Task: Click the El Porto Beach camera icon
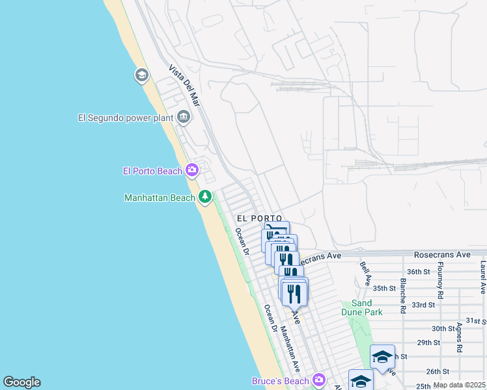pos(191,170)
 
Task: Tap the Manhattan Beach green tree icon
pos(205,196)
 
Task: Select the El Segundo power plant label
pos(124,118)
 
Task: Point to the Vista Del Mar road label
pos(184,85)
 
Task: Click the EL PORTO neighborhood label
pos(259,218)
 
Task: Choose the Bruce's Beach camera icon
pos(318,380)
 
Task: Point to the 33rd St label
pos(423,304)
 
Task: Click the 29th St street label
pos(429,342)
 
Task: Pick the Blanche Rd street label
pos(404,294)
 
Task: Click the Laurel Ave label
pos(482,277)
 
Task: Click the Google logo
pos(21,382)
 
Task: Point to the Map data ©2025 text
pos(459,385)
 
